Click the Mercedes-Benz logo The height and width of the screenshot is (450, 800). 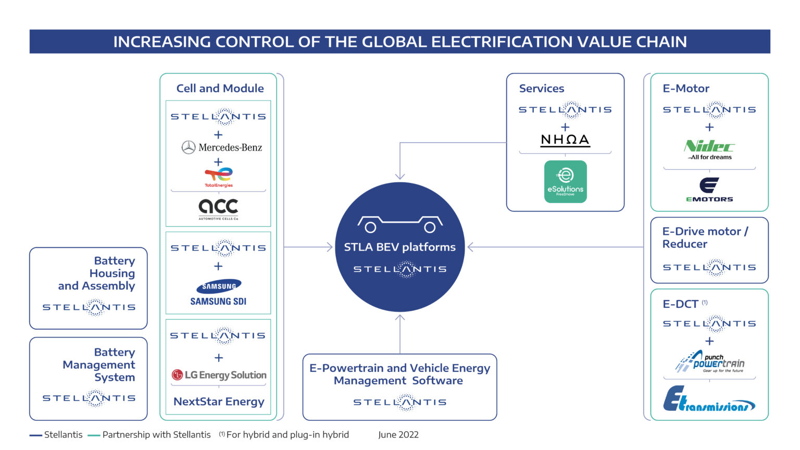[x=221, y=147]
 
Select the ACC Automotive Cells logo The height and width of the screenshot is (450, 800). [x=218, y=208]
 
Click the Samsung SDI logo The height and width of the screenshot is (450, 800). [x=218, y=293]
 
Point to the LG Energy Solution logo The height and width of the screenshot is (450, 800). [x=219, y=375]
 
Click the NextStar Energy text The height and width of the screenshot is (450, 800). [x=219, y=402]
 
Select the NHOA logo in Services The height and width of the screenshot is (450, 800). [x=565, y=140]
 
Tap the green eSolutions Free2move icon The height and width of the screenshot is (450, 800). [x=565, y=181]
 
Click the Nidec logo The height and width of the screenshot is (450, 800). [x=709, y=149]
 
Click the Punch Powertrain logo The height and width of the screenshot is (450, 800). [x=709, y=362]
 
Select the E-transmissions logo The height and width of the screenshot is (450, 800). [x=709, y=400]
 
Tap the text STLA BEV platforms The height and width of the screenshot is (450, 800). [x=399, y=247]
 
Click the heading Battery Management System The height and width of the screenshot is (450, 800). [x=99, y=365]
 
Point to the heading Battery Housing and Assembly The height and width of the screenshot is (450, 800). [x=97, y=273]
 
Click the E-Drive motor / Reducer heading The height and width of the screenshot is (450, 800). [x=705, y=238]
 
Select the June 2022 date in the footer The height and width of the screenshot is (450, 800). [x=398, y=435]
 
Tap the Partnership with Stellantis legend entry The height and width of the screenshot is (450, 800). [x=156, y=435]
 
